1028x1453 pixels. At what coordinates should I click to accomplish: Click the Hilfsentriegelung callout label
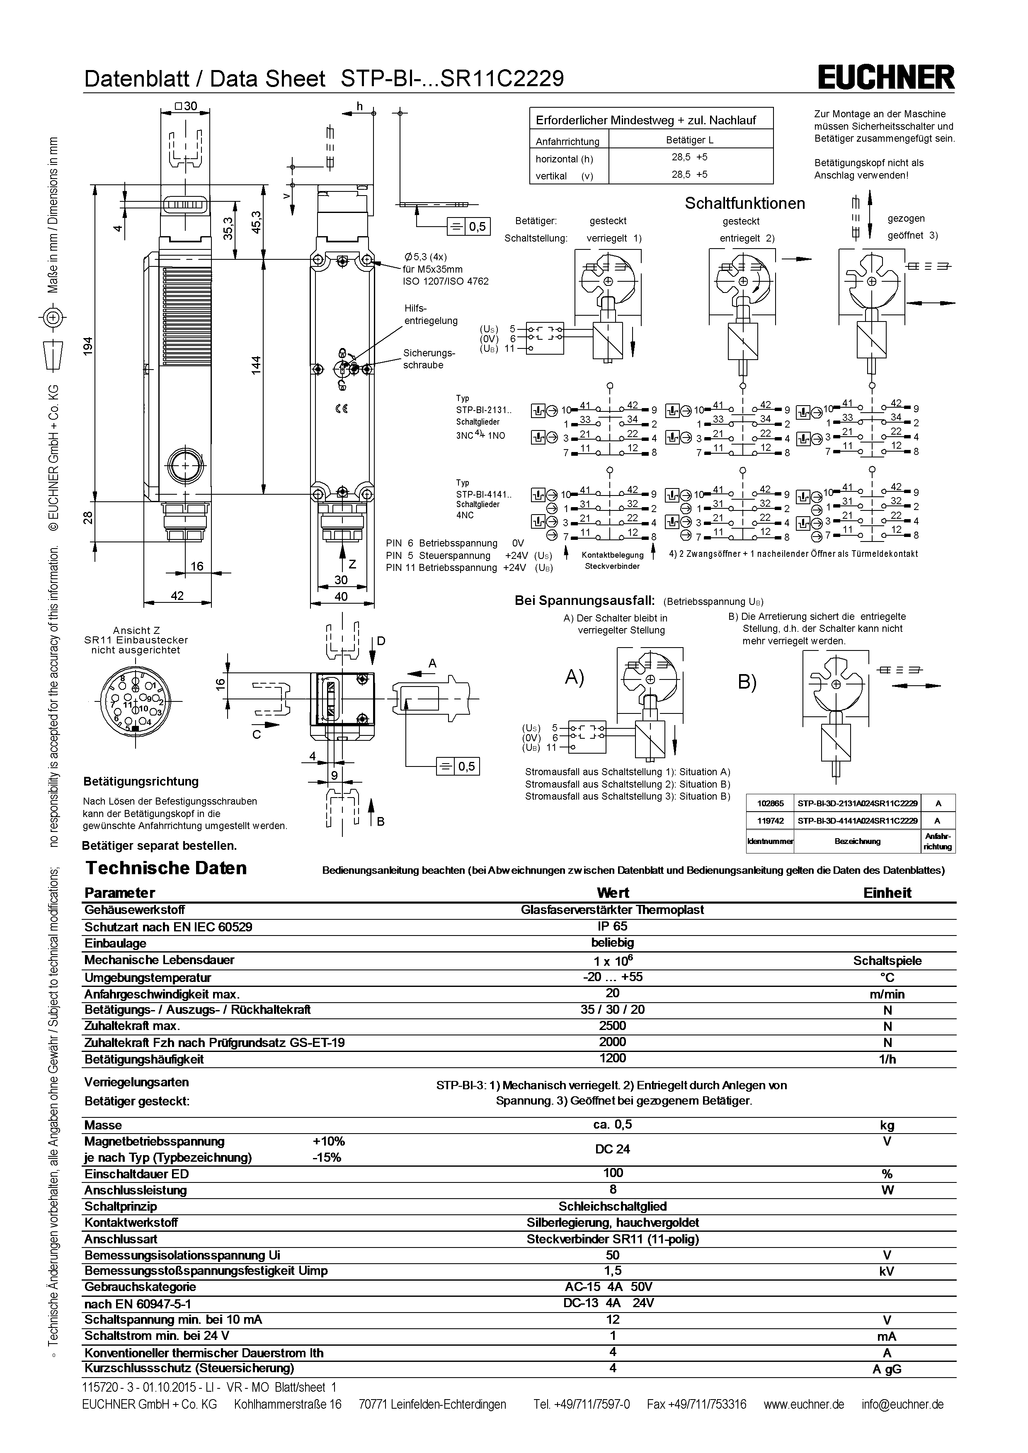pos(430,314)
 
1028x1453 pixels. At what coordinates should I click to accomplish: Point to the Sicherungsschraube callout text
pos(429,359)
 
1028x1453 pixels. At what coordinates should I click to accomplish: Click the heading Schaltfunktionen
pos(744,203)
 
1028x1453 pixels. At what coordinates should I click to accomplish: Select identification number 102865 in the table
pos(770,803)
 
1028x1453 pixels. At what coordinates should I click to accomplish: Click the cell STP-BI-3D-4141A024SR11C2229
pos(857,821)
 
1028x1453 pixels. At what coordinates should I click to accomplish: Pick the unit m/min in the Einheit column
pos(887,994)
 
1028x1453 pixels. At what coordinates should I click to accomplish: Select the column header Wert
pos(612,893)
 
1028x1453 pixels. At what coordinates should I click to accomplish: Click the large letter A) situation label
pos(574,678)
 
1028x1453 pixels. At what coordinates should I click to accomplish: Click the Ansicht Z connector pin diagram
pos(136,702)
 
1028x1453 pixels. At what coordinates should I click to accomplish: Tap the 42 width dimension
pos(177,595)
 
